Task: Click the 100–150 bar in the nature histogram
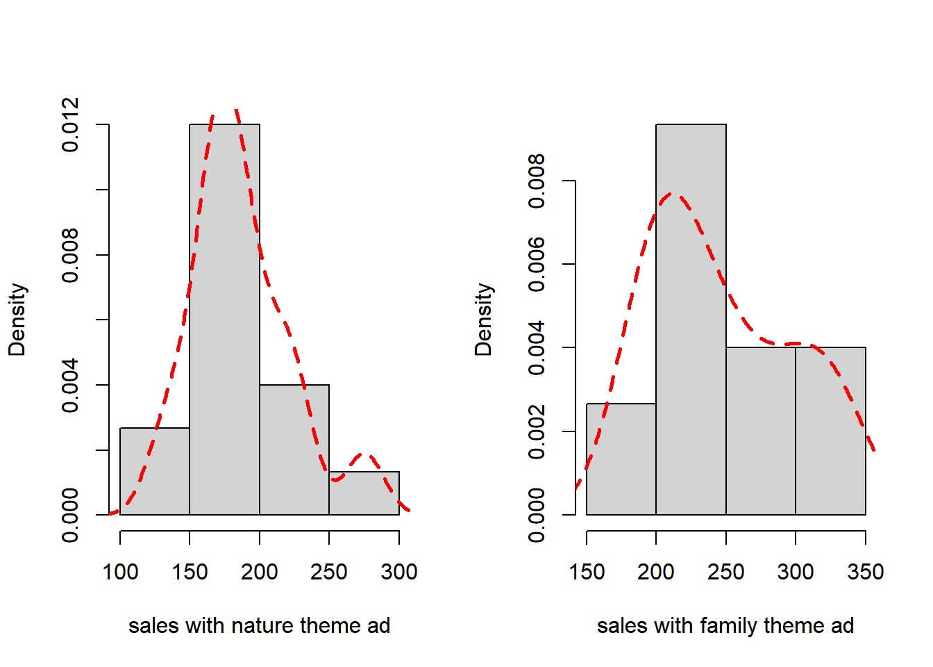click(x=155, y=472)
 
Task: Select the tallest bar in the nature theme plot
click(x=224, y=320)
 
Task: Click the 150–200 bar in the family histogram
click(x=621, y=459)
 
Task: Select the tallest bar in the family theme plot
click(x=691, y=320)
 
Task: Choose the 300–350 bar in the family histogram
click(x=830, y=431)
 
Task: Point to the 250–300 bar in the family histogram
click(x=761, y=431)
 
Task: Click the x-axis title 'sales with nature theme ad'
click(x=259, y=626)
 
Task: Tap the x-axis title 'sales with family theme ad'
click(x=725, y=626)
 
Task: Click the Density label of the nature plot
click(x=17, y=320)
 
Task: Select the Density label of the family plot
click(x=484, y=320)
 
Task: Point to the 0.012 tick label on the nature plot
click(x=70, y=125)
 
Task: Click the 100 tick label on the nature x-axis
click(x=120, y=572)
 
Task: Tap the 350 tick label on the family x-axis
click(x=865, y=572)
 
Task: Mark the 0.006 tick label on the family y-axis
click(x=537, y=264)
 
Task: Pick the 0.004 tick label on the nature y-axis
click(x=70, y=385)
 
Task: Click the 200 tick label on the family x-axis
click(x=656, y=572)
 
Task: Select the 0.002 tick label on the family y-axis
click(x=537, y=431)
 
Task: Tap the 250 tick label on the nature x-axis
click(x=329, y=572)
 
